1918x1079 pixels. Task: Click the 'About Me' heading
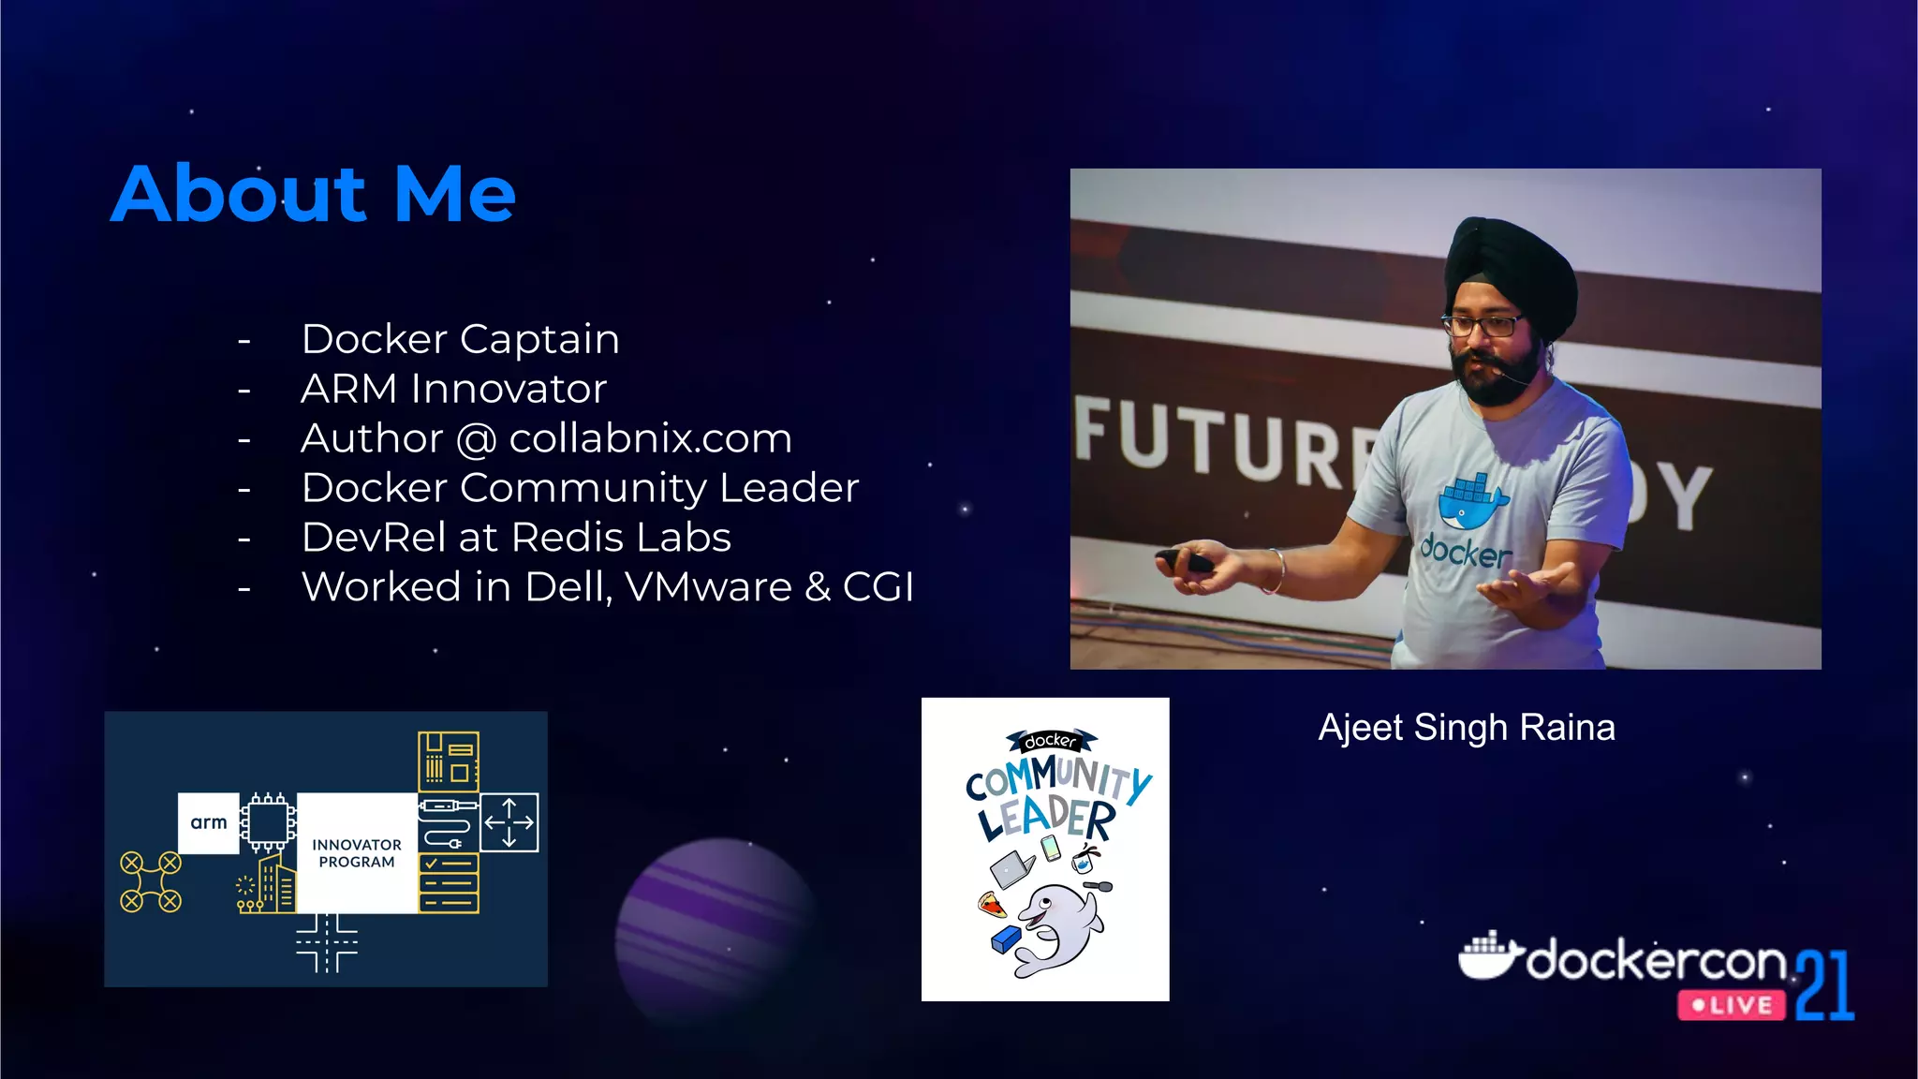point(313,194)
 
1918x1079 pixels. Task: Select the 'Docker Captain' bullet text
point(460,339)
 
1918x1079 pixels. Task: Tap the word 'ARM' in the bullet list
point(348,389)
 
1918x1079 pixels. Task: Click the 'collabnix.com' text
point(650,438)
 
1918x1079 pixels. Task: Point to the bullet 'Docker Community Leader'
point(580,488)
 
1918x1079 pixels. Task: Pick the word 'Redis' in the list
point(568,538)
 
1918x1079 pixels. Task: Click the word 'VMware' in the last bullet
point(708,587)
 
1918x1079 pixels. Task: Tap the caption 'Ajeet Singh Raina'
point(1466,728)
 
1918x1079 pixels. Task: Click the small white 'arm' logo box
point(209,822)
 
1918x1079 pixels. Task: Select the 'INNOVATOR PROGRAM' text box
point(357,852)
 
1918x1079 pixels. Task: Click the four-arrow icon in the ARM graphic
point(509,822)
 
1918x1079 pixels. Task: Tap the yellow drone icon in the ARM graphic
point(151,881)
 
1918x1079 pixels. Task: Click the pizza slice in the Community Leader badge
point(991,905)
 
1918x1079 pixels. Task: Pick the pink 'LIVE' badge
point(1732,1006)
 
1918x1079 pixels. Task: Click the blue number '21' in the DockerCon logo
point(1824,985)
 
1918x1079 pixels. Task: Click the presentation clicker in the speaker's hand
point(1185,561)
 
